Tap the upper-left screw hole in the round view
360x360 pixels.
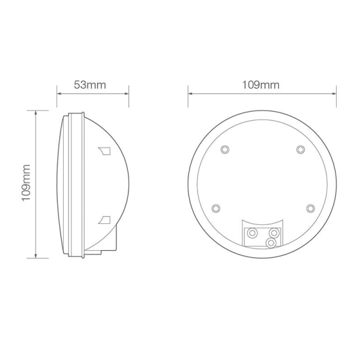(224, 149)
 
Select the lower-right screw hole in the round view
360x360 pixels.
(310, 208)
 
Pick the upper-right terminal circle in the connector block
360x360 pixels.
(274, 232)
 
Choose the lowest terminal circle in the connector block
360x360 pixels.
(271, 242)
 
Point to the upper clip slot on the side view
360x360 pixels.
(104, 149)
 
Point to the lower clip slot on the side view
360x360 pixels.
(105, 218)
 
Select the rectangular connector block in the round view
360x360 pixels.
(262, 234)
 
